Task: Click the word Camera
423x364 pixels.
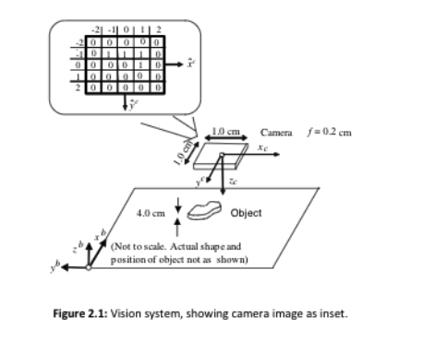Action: [281, 133]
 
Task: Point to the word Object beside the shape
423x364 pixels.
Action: [246, 213]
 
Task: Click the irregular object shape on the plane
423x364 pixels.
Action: [207, 213]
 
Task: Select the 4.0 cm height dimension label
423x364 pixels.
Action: [150, 213]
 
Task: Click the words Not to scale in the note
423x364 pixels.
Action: [139, 246]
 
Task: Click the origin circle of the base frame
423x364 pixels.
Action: [89, 267]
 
